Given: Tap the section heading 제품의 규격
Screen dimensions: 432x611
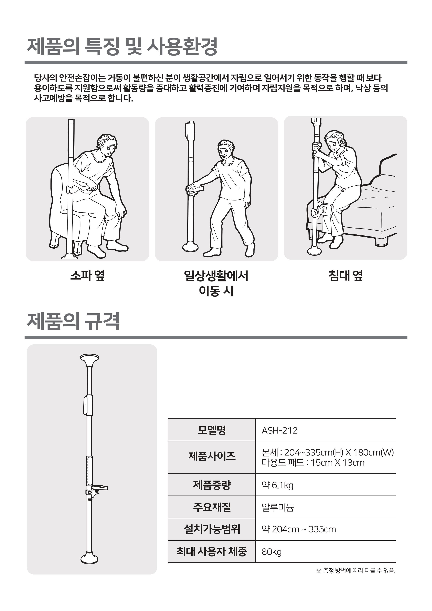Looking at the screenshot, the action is click(x=73, y=322).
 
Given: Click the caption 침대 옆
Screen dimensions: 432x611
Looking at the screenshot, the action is click(x=345, y=275).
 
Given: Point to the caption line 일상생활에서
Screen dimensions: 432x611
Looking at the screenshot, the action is click(x=216, y=276).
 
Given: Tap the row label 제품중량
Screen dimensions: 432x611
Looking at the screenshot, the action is click(x=212, y=485).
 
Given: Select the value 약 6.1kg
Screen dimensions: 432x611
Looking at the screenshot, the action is click(x=277, y=485).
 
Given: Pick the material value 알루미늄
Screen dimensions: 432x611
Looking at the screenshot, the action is click(x=278, y=508).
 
